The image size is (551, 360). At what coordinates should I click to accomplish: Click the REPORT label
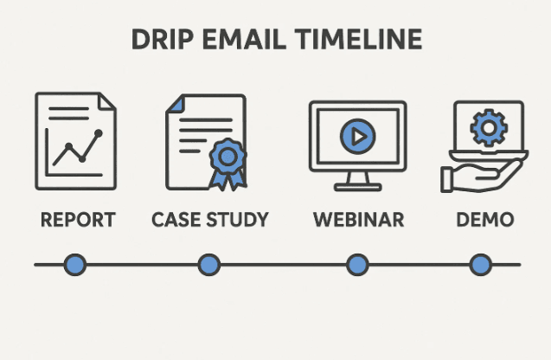(x=78, y=219)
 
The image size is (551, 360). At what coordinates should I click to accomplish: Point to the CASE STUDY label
(x=210, y=219)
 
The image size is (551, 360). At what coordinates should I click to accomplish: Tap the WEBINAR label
(x=358, y=219)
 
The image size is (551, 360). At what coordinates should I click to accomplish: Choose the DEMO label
(x=484, y=219)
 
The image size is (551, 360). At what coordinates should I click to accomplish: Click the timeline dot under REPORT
(x=76, y=265)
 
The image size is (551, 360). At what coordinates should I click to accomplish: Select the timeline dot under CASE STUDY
(x=208, y=265)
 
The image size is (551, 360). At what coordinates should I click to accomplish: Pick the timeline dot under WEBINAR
(x=357, y=265)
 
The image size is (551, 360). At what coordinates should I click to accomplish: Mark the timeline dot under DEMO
(x=481, y=265)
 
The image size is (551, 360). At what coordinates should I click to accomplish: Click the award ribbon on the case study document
(x=227, y=161)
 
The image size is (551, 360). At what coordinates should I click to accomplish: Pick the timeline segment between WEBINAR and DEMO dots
(x=420, y=265)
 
